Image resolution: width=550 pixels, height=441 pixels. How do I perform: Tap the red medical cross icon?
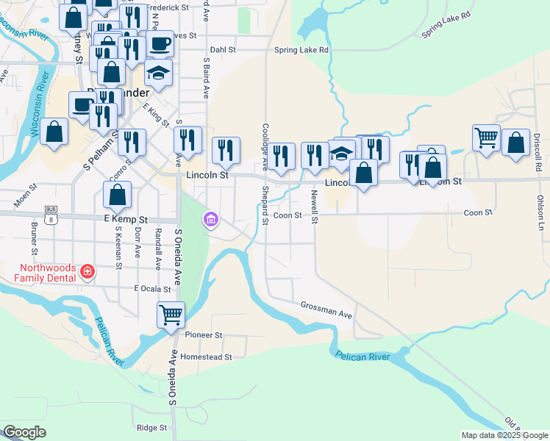click(87, 272)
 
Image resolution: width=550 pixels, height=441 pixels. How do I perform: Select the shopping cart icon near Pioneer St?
click(171, 315)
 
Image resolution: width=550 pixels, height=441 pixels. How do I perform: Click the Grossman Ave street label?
click(326, 311)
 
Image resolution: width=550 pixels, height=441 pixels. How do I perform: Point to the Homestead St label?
click(207, 356)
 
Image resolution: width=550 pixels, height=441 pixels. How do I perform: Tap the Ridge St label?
click(151, 427)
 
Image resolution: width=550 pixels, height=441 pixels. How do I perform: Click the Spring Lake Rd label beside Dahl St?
click(301, 50)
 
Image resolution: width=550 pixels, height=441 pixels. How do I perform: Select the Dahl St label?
click(222, 50)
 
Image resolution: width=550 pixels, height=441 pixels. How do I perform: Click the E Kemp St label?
click(127, 219)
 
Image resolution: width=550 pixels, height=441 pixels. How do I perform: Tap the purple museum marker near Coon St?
click(211, 219)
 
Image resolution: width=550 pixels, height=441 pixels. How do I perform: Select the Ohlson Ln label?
click(540, 213)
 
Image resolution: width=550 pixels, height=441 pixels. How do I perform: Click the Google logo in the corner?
click(24, 432)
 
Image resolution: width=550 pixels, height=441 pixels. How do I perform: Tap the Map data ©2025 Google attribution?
click(504, 435)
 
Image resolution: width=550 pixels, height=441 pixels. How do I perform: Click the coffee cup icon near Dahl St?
click(160, 43)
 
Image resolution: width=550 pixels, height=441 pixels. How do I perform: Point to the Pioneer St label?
click(203, 334)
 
